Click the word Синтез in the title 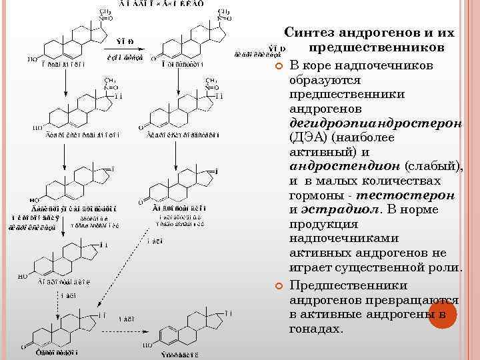coord(312,32)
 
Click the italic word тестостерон coord(406,195)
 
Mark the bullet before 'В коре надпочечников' coord(280,66)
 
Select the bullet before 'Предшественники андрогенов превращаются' coord(280,286)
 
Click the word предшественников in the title coord(376,48)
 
